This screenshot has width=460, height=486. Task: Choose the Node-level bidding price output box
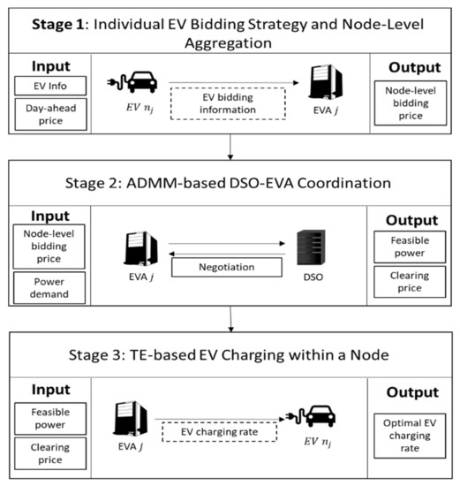[411, 100]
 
